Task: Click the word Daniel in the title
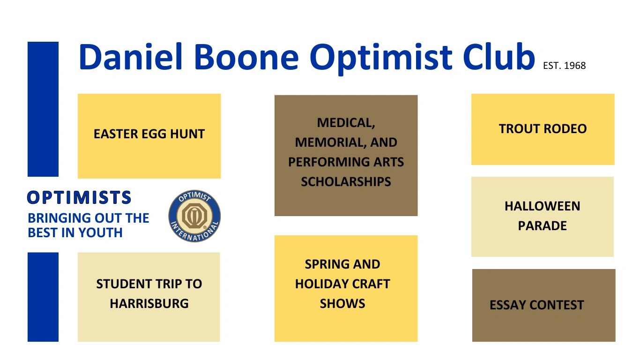pos(131,57)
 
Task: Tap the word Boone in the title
pos(246,57)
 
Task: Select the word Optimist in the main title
pos(381,59)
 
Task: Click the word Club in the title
pos(499,57)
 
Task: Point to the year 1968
pos(575,66)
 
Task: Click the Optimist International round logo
pos(194,216)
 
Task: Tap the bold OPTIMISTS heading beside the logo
pos(79,197)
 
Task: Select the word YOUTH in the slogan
pos(100,232)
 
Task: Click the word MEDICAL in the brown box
pos(346,123)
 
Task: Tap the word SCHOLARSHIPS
pos(346,181)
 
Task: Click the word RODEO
pos(565,129)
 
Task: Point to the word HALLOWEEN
pos(542,206)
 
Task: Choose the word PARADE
pos(542,226)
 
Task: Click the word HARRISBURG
pos(149,303)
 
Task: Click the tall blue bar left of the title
pos(43,109)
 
